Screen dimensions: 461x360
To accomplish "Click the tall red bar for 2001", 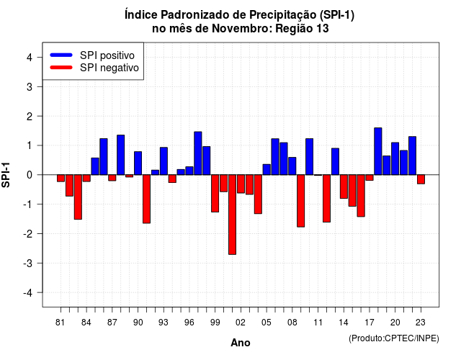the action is (232, 215).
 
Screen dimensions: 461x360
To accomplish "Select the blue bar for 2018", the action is (378, 151).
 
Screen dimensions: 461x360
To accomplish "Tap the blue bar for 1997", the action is (198, 153).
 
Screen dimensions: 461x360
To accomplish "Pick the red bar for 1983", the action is (78, 197).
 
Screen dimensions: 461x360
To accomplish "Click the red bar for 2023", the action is (421, 179).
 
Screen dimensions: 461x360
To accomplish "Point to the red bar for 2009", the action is (301, 201).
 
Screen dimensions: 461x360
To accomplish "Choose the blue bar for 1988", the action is (120, 155).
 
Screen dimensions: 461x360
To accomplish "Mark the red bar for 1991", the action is (146, 199).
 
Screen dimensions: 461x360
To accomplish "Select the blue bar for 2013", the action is (335, 161).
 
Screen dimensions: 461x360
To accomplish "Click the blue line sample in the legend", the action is (61, 55).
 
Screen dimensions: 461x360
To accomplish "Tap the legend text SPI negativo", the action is (109, 68).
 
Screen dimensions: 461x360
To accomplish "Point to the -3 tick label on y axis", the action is (28, 263).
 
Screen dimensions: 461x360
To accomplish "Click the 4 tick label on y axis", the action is (30, 57).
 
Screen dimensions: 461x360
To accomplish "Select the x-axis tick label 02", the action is (241, 323).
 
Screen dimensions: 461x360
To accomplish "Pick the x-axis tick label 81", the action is (60, 323).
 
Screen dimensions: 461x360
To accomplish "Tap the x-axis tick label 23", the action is (421, 323).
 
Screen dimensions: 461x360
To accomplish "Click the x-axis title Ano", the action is (241, 343).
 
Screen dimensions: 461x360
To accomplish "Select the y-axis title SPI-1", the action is (6, 175).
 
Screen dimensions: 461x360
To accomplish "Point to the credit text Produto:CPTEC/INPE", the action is (394, 338).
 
